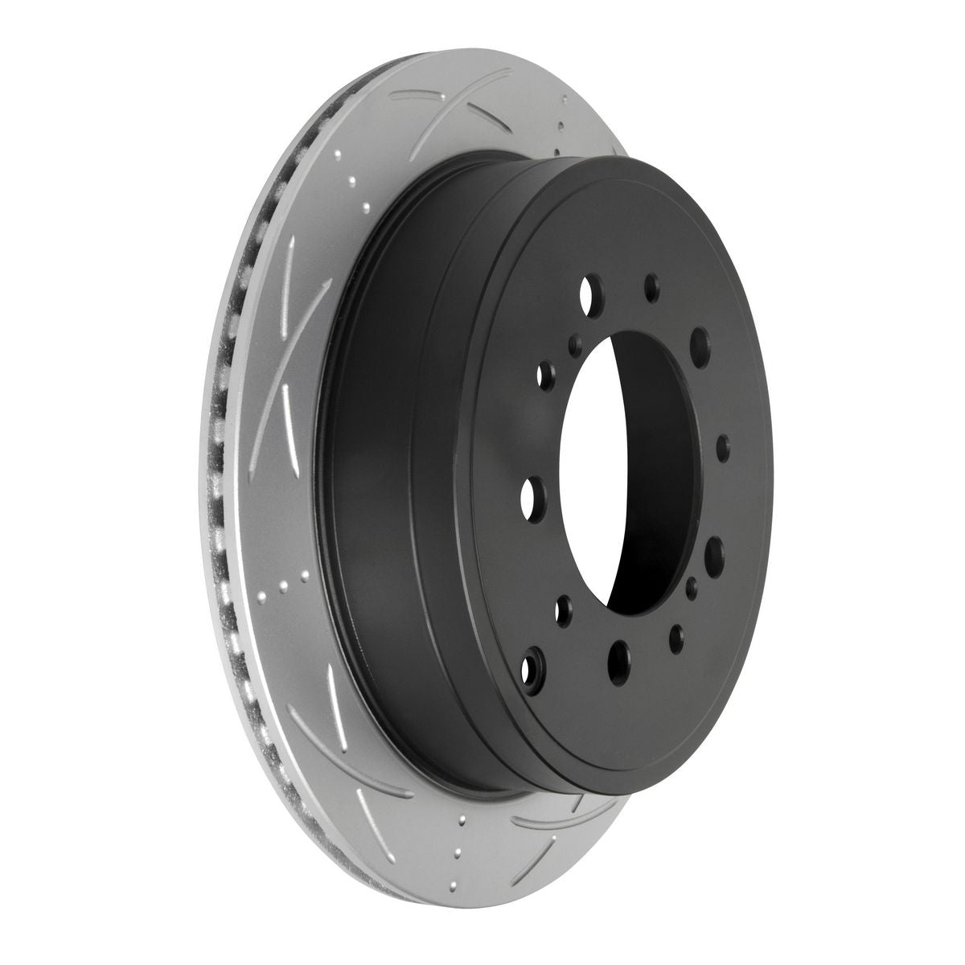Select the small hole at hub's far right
point(722,445)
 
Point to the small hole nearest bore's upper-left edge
point(574,345)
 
